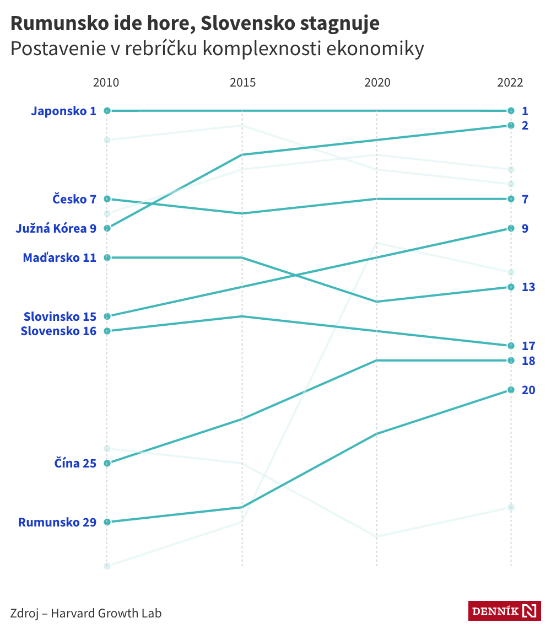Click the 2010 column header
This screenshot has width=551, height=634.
[106, 83]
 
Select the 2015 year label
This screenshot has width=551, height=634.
[242, 83]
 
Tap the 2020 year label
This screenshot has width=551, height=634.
[377, 83]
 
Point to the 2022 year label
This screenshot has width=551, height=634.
[510, 83]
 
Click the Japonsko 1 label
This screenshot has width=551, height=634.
[63, 111]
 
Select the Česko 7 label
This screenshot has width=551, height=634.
[74, 199]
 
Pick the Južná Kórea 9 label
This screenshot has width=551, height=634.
[56, 228]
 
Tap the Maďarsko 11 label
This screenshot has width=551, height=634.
[60, 257]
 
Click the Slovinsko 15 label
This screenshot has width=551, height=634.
[60, 316]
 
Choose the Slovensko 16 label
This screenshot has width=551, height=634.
[58, 331]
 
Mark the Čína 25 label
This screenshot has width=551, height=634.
[75, 463]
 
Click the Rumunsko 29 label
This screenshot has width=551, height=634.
[57, 522]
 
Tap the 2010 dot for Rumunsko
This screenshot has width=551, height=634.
[107, 522]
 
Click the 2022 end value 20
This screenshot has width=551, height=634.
[528, 390]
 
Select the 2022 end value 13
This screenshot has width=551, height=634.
[528, 287]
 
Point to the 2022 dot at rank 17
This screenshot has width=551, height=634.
[511, 346]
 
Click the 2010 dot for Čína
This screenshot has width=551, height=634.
[107, 463]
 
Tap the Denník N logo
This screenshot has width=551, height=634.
[504, 610]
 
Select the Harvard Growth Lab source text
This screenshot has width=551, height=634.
[106, 613]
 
